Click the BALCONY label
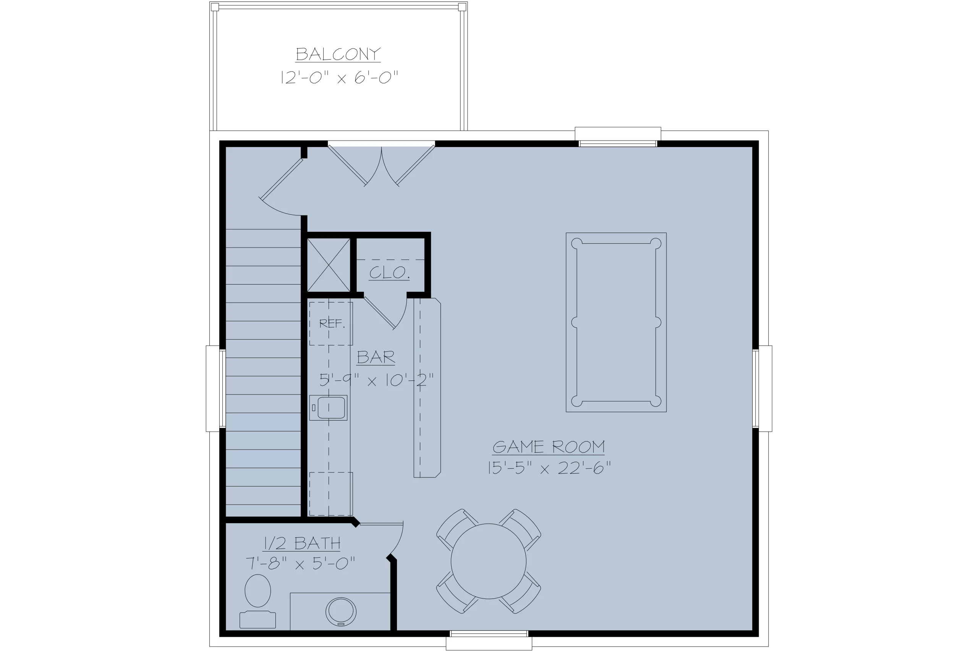point(338,54)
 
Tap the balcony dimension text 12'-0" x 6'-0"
point(339,77)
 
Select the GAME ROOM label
point(549,447)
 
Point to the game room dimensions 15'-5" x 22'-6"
point(549,468)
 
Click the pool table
point(616,323)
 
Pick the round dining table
point(489,561)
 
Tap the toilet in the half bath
point(258,601)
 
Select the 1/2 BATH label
point(302,543)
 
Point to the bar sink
point(329,408)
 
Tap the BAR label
point(376,357)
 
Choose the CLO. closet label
point(390,273)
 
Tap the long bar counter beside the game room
point(427,388)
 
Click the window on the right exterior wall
point(762,389)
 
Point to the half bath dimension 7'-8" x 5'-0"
point(300,564)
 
